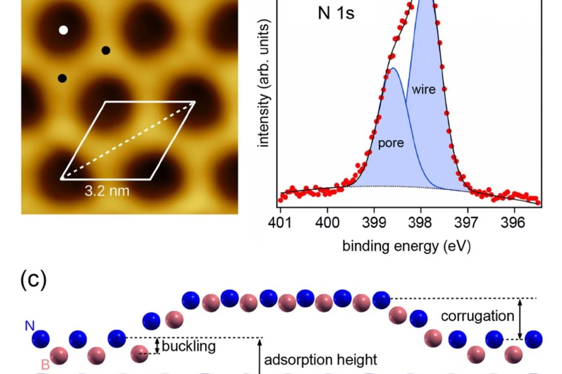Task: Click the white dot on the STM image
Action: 63,30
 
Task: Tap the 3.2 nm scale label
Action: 107,191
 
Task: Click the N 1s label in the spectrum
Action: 336,13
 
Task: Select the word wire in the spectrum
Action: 423,90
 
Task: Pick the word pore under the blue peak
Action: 391,143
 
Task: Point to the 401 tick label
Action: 280,223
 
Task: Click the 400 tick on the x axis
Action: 327,223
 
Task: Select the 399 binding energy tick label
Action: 374,223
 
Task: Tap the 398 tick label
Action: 420,223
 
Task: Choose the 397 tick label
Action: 467,223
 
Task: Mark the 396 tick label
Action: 513,223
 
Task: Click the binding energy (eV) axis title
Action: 406,246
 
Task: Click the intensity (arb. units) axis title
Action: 263,83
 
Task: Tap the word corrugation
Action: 477,316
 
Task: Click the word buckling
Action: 188,346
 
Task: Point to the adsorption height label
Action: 320,360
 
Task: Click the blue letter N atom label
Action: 30,326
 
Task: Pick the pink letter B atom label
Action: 45,364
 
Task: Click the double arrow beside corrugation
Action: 520,319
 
